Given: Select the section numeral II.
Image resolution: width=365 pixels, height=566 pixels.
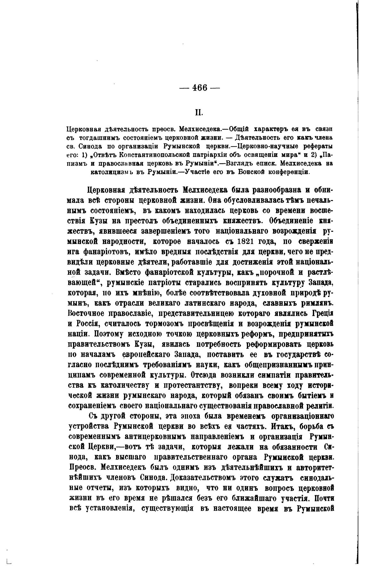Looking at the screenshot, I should click(x=199, y=113).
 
